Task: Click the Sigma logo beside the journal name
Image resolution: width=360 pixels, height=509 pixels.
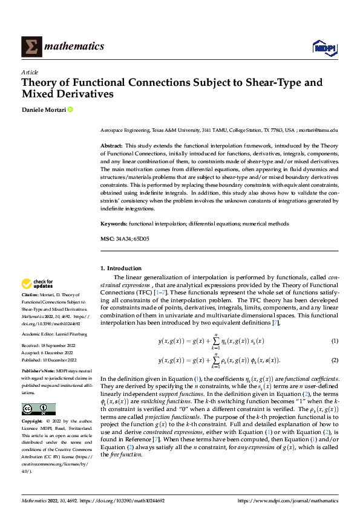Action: click(31, 47)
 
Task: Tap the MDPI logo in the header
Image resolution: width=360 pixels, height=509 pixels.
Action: click(324, 47)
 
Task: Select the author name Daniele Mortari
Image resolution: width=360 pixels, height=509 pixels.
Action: click(43, 110)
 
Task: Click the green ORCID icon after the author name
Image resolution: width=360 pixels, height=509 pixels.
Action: click(70, 110)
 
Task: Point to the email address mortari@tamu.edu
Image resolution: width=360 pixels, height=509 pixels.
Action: click(318, 130)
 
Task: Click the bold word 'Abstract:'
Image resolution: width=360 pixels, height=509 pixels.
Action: click(111, 146)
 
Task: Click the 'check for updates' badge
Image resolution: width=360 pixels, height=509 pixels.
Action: click(37, 284)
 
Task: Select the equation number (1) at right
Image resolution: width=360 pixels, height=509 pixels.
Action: click(334, 342)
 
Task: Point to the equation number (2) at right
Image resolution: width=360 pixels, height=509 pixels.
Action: click(334, 360)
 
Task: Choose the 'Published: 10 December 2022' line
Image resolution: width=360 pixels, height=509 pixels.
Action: click(48, 359)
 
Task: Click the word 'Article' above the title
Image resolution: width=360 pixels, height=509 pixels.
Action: click(28, 71)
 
